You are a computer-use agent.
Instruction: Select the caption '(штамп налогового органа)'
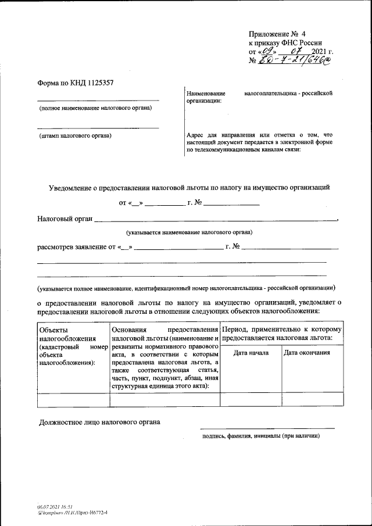coord(75,135)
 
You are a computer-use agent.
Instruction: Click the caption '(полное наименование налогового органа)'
coord(95,108)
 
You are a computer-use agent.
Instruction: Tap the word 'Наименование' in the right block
coord(205,94)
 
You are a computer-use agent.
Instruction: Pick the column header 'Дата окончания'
coord(307,353)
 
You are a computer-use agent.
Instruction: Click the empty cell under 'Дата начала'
coord(250,399)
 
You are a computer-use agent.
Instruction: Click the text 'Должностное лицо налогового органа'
coord(98,421)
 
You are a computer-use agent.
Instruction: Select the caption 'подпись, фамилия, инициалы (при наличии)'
coord(259,435)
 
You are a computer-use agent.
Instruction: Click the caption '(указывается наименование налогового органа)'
coord(190,232)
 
